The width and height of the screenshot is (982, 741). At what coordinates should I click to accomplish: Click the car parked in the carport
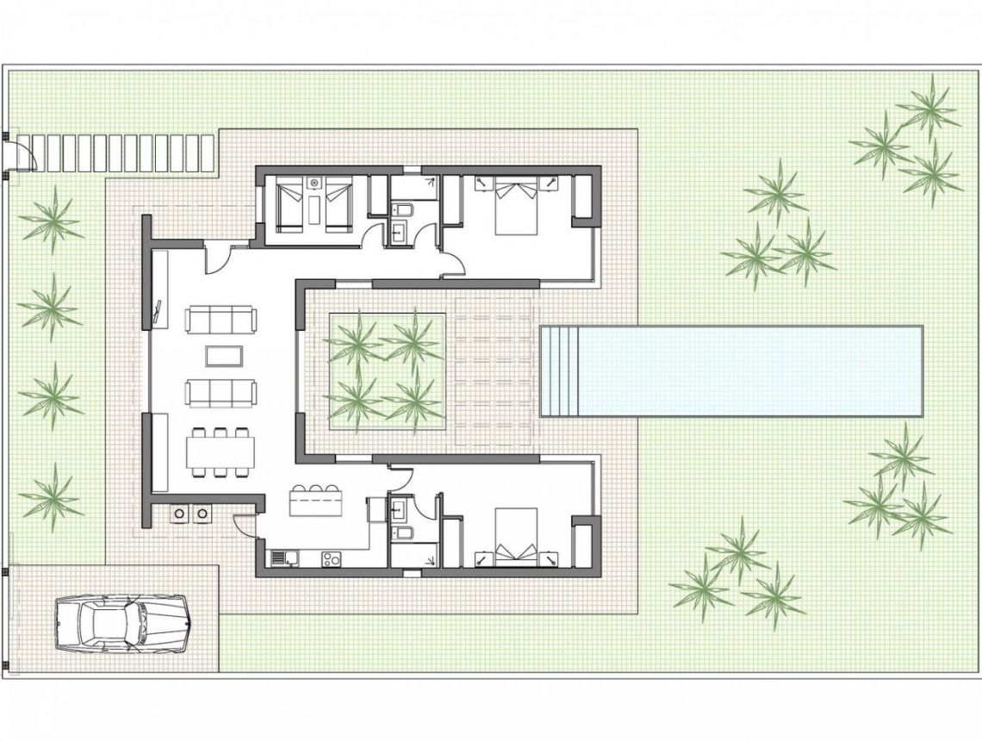121,621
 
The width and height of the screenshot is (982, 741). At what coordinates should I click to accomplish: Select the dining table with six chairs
221,451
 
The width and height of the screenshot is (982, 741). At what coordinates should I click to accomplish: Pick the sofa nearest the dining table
221,393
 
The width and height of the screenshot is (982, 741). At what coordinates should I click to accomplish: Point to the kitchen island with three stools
316,501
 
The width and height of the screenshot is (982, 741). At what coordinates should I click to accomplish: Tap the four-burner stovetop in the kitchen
331,558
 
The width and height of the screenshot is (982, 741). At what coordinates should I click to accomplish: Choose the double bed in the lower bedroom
516,534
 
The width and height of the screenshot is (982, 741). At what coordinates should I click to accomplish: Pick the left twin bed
289,205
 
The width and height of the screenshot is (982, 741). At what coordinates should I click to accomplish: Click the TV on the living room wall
158,314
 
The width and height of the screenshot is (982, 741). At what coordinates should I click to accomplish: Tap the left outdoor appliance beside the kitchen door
181,514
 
